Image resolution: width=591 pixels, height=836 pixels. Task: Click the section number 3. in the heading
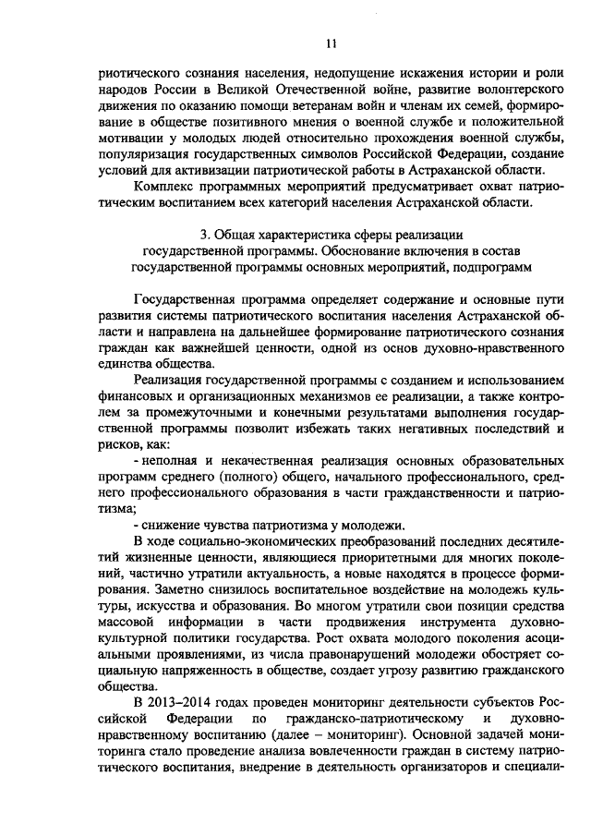point(205,234)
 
